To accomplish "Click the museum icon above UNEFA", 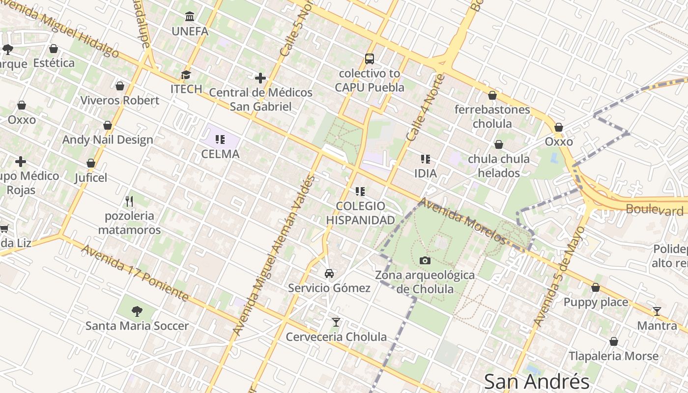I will [x=190, y=17].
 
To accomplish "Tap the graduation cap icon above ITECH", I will [x=186, y=75].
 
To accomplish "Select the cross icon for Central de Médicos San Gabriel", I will [x=260, y=78].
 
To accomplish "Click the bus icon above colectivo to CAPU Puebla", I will [x=370, y=59].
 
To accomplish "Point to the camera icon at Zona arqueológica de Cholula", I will [x=425, y=260].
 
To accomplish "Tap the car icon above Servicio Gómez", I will [x=329, y=273].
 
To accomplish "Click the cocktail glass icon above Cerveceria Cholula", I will [x=336, y=322].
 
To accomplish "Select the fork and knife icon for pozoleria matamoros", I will [x=129, y=201].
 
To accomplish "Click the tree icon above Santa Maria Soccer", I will [x=137, y=311].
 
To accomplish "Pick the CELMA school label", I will [x=220, y=154].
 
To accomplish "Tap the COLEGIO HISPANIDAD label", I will [x=361, y=213].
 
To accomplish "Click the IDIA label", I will [x=426, y=173].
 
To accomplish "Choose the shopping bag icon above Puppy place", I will [x=596, y=287].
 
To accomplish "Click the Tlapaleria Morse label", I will [x=613, y=356].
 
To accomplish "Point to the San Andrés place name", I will [x=536, y=381].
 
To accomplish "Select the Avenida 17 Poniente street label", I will [x=135, y=273].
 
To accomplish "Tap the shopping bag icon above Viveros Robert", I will [x=120, y=86].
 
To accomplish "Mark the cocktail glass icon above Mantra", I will [x=657, y=311].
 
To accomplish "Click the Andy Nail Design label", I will [x=108, y=140].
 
